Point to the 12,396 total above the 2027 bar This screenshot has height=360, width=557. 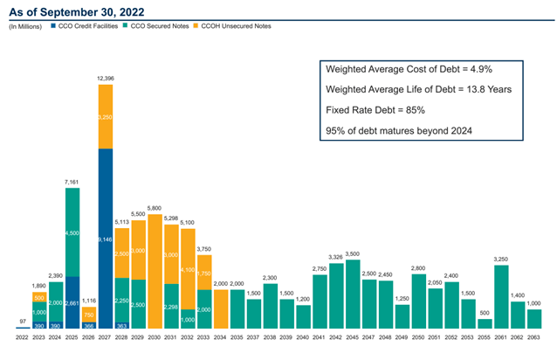[106, 79]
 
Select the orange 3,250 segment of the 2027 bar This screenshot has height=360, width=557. [106, 116]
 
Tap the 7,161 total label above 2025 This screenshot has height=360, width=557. [73, 158]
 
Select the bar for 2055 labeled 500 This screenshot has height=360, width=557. [485, 324]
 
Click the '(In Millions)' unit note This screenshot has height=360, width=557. [26, 27]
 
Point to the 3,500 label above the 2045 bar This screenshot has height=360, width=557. [353, 253]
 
